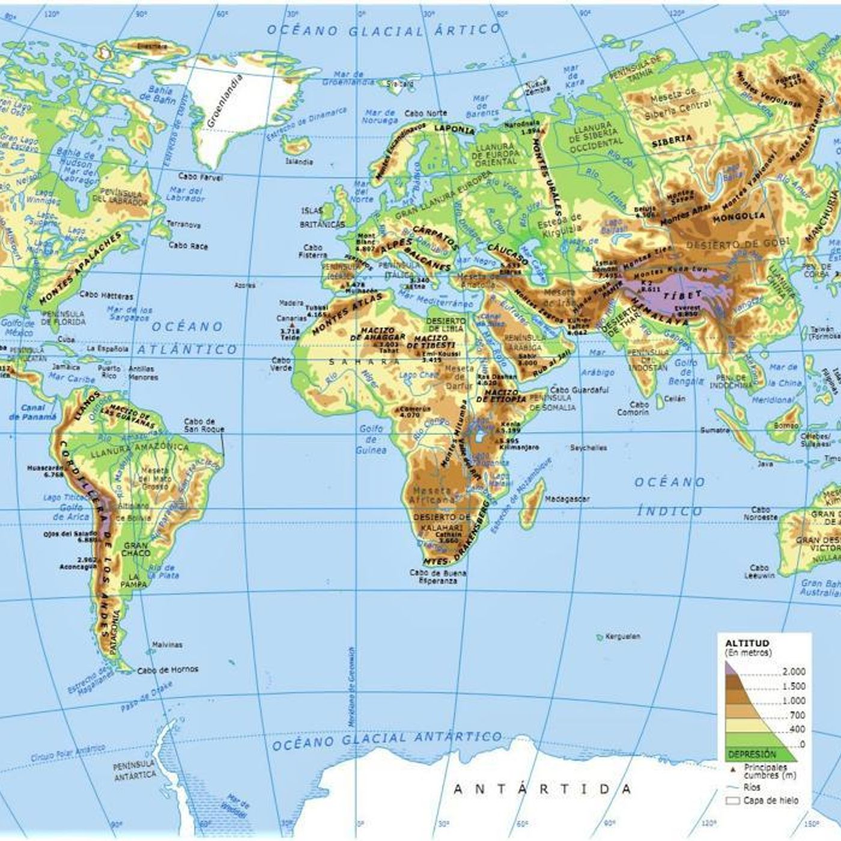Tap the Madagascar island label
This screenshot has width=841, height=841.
click(x=567, y=499)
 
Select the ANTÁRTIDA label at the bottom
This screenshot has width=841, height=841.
click(x=543, y=789)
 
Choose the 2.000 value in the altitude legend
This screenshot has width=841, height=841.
click(x=794, y=672)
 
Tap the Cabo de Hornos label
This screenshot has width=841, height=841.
click(x=168, y=670)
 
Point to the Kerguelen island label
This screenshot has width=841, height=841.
click(x=624, y=636)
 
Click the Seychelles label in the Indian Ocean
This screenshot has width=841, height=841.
click(x=588, y=448)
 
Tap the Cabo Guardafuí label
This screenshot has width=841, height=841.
click(x=579, y=390)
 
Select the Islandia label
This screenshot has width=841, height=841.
click(x=299, y=162)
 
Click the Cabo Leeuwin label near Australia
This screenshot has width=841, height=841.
click(x=759, y=571)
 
